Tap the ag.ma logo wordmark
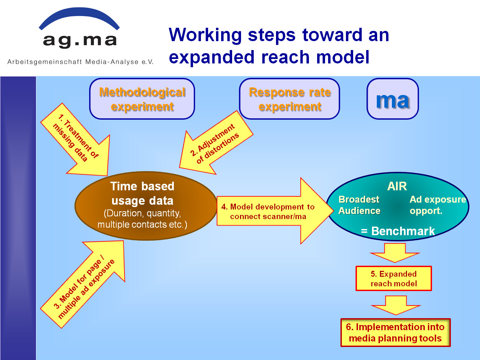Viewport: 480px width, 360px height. click(80, 41)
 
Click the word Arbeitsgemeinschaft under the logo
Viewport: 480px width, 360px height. click(45, 62)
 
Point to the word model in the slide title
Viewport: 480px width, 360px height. click(343, 57)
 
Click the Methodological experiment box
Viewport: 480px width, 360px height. click(142, 99)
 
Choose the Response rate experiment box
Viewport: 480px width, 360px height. click(289, 99)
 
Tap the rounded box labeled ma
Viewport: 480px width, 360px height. click(393, 99)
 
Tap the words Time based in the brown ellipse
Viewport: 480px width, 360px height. click(142, 186)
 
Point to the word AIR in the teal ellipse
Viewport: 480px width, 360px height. click(397, 186)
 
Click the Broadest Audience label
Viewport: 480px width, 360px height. click(359, 205)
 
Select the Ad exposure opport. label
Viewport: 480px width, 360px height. click(438, 205)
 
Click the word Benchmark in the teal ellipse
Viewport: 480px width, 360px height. click(403, 231)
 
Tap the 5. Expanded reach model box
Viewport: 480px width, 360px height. click(394, 278)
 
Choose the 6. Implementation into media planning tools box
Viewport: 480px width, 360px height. click(395, 333)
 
